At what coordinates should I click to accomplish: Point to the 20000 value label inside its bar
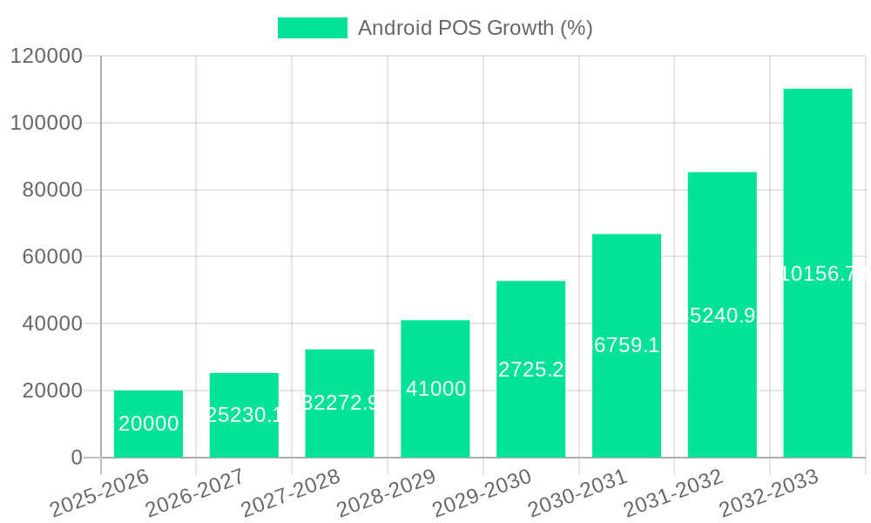pos(149,424)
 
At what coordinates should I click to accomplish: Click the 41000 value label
pos(435,389)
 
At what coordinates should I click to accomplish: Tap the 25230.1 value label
pos(244,415)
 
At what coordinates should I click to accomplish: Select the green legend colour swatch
pos(312,28)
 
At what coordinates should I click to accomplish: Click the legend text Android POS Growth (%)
pos(475,28)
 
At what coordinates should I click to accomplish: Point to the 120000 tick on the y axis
pos(46,57)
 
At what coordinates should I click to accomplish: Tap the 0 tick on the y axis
pos(77,458)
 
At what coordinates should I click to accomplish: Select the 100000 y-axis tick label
pos(46,123)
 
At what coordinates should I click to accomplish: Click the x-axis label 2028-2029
pos(386,492)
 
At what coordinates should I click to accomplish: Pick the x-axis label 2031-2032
pos(673,492)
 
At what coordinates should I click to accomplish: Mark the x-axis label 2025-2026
pos(98,492)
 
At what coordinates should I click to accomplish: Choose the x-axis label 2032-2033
pos(769,492)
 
